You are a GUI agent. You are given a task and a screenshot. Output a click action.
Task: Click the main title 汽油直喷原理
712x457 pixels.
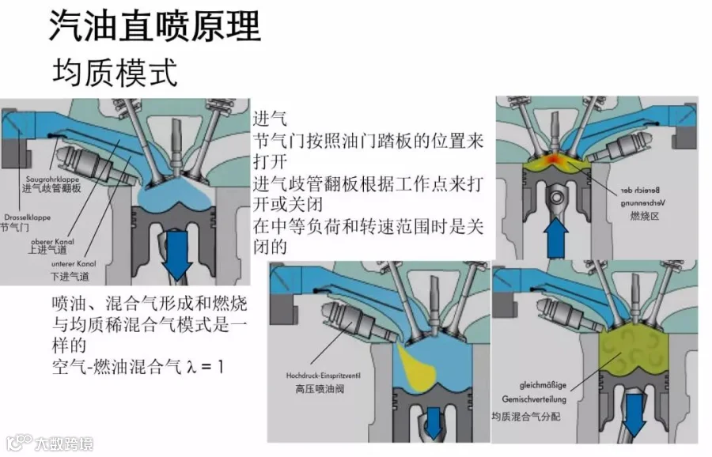pyautogui.click(x=154, y=27)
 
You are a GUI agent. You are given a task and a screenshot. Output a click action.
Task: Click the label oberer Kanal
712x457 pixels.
pyautogui.click(x=51, y=240)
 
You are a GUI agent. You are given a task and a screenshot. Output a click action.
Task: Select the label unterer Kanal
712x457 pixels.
pyautogui.click(x=71, y=265)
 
